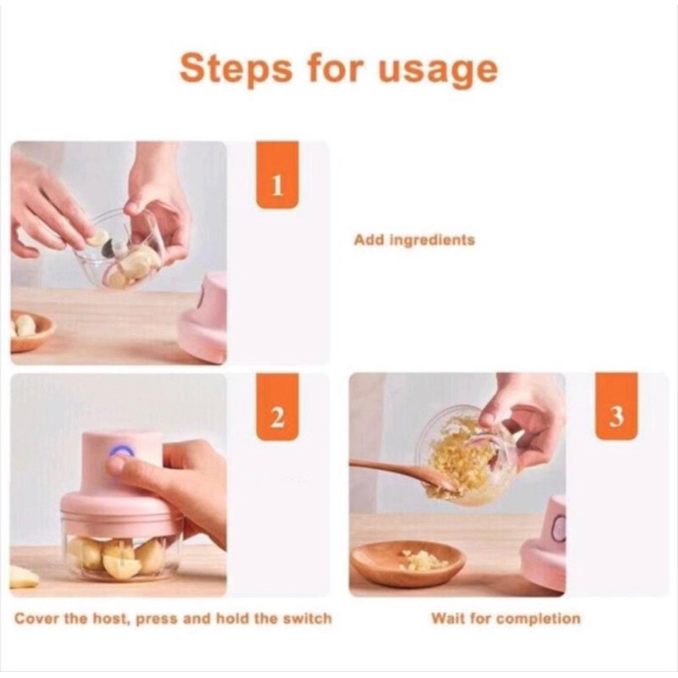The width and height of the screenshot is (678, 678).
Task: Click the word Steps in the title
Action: pos(236,69)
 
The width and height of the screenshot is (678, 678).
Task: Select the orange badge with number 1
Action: pos(277,175)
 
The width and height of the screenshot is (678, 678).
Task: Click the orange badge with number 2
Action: pos(277,407)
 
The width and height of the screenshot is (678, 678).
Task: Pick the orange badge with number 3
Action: pos(616,407)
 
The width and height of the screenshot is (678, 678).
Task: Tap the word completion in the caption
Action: pos(538,620)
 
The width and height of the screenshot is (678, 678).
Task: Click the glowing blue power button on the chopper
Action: pos(122,453)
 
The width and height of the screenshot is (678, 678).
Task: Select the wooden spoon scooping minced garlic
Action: pos(404,475)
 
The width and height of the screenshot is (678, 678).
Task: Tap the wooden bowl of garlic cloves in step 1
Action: pos(31,330)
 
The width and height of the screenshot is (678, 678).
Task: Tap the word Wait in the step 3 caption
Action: pos(449,619)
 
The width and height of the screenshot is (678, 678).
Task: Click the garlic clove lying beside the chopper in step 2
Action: pos(23,577)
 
